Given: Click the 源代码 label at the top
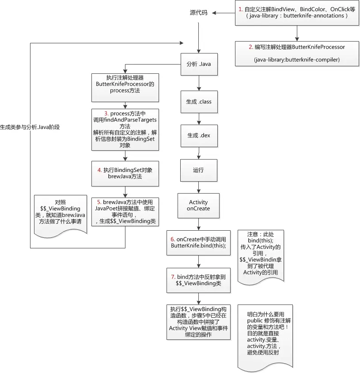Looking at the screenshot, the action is pyautogui.click(x=198, y=13).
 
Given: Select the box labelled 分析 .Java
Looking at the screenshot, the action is pyautogui.click(x=199, y=64).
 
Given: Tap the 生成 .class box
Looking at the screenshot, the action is pyautogui.click(x=199, y=102).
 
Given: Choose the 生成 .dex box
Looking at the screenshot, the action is pyautogui.click(x=199, y=136).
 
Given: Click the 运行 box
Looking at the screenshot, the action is pyautogui.click(x=198, y=170).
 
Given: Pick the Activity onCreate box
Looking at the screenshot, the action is pyautogui.click(x=198, y=206).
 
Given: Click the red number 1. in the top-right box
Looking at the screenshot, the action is pyautogui.click(x=241, y=9).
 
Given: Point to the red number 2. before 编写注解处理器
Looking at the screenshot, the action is pyautogui.click(x=251, y=47).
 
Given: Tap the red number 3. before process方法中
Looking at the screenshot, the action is pyautogui.click(x=106, y=114).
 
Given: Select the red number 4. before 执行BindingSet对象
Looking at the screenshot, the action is pyautogui.click(x=100, y=170).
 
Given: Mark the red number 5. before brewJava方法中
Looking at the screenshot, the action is pyautogui.click(x=99, y=202).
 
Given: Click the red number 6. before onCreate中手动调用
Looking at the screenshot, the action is pyautogui.click(x=173, y=239).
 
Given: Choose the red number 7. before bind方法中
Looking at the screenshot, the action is pyautogui.click(x=173, y=277).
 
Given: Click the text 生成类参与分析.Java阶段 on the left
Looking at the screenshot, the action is pyautogui.click(x=30, y=127).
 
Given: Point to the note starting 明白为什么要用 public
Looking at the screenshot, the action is pyautogui.click(x=265, y=337).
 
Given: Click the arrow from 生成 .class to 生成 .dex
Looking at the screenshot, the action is pyautogui.click(x=199, y=119).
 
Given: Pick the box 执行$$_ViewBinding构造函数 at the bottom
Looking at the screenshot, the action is pyautogui.click(x=198, y=322).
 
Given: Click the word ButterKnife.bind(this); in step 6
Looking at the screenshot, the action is pyautogui.click(x=198, y=245).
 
